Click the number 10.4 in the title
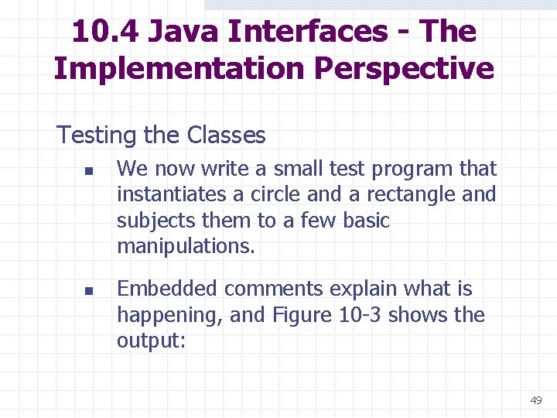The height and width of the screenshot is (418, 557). [x=104, y=32]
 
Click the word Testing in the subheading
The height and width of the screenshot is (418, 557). [x=97, y=136]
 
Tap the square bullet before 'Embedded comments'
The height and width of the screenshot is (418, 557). [x=89, y=291]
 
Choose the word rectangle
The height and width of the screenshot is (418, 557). [x=408, y=194]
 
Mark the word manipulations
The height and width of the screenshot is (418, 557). [x=186, y=247]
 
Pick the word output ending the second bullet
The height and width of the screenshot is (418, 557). [x=151, y=341]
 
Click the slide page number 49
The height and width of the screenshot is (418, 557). [x=535, y=400]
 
